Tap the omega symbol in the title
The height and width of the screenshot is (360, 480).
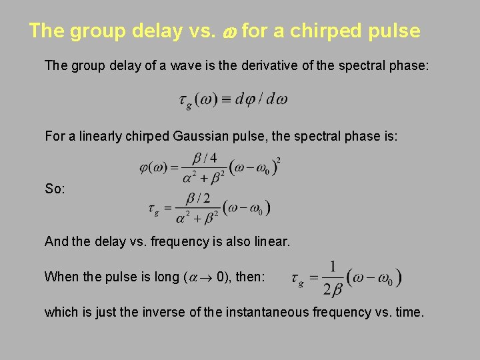click(228, 32)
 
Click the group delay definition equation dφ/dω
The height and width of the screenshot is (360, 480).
click(233, 100)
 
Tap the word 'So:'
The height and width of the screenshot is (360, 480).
click(55, 189)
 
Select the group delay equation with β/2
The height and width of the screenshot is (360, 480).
click(209, 207)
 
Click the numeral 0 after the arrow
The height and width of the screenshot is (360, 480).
click(221, 277)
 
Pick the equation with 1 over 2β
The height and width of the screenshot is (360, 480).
click(347, 277)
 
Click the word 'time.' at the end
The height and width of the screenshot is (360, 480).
click(407, 311)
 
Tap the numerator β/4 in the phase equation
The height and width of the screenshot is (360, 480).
click(199, 158)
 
